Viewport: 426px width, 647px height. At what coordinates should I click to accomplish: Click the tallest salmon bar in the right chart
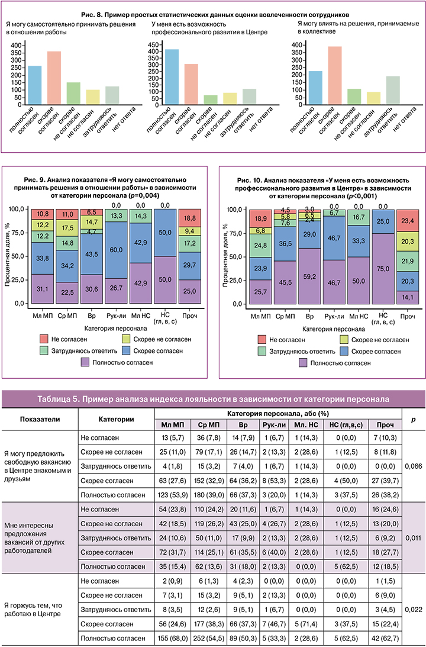[335, 75]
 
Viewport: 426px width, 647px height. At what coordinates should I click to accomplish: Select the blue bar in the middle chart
[172, 76]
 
